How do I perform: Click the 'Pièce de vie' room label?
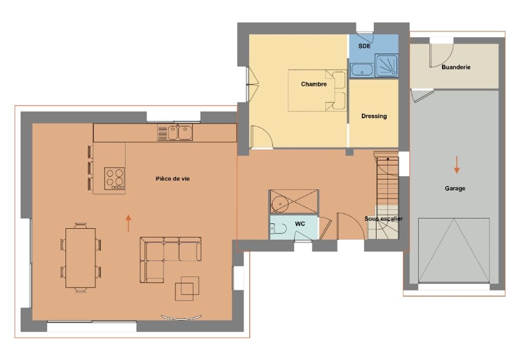tap(173, 179)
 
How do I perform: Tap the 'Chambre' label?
tap(314, 84)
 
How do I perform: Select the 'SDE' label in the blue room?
tap(364, 46)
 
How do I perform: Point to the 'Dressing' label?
tap(374, 116)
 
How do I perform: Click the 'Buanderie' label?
tap(456, 67)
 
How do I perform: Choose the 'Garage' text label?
tap(455, 188)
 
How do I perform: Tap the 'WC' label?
tap(300, 224)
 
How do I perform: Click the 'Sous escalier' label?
tap(384, 218)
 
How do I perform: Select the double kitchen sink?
tap(175, 132)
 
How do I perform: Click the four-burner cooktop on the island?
tap(115, 178)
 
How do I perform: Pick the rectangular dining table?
tap(81, 258)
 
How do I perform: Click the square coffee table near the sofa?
tap(187, 288)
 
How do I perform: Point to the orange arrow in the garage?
tap(457, 165)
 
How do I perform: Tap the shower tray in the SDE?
tap(386, 66)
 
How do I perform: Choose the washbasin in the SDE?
tap(362, 70)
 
